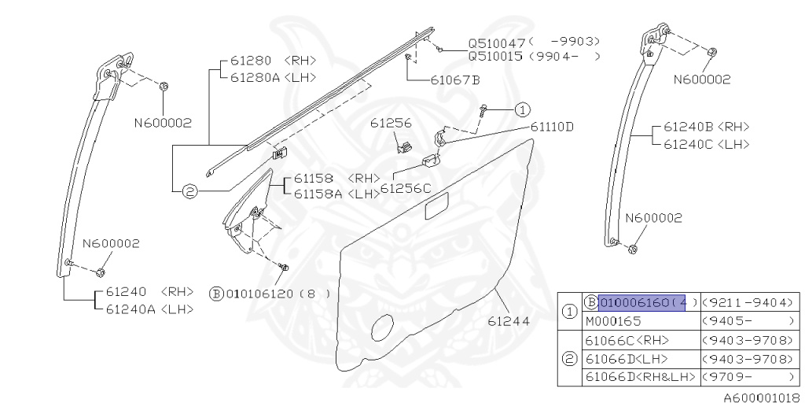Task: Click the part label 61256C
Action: point(406,188)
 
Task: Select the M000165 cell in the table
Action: point(613,321)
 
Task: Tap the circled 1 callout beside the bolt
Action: point(523,110)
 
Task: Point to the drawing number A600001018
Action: point(761,398)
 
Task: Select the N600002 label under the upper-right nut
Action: point(702,79)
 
